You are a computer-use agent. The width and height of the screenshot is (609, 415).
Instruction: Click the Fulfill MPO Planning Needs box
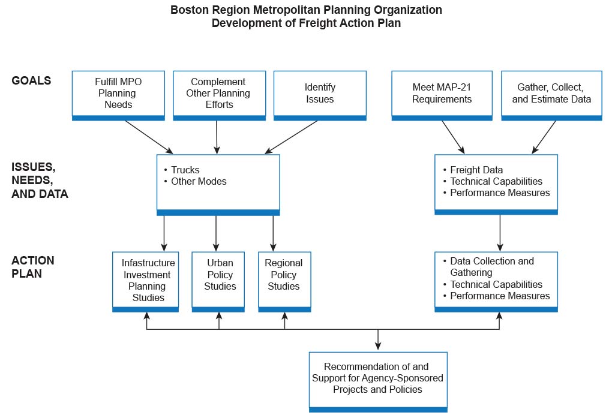[x=118, y=94]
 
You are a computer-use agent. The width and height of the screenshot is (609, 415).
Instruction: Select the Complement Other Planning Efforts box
[x=218, y=94]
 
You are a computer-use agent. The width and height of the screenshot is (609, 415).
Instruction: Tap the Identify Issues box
[x=320, y=94]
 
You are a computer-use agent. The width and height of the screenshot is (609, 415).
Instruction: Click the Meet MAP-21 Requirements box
[x=442, y=94]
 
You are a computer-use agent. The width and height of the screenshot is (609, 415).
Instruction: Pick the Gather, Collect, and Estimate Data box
[x=551, y=94]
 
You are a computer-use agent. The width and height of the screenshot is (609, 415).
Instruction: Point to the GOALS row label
[x=31, y=80]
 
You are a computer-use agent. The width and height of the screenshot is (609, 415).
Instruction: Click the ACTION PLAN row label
[x=33, y=267]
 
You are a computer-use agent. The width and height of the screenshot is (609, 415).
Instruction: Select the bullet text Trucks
[x=185, y=170]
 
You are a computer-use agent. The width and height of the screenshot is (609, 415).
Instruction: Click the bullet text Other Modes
[x=199, y=181]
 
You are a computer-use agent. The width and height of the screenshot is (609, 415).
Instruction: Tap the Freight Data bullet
[x=476, y=170]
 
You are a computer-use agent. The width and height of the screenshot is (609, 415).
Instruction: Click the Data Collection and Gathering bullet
[x=491, y=267]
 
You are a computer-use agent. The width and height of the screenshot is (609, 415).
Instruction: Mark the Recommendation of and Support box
[x=377, y=378]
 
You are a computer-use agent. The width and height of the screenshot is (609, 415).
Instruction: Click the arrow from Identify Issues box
[x=292, y=137]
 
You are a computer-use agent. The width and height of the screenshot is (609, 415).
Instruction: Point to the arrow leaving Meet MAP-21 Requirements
[x=453, y=137]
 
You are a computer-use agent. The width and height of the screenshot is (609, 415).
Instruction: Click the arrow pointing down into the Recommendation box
[x=377, y=340]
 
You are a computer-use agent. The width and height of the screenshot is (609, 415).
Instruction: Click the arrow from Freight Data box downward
[x=499, y=233]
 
